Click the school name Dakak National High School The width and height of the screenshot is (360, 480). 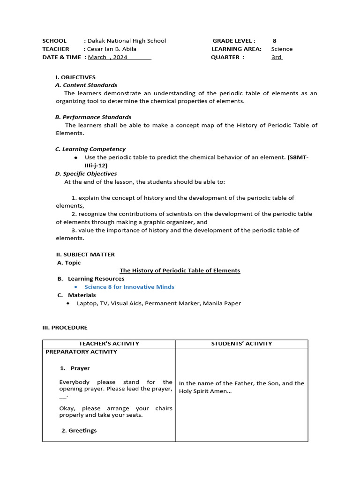127,41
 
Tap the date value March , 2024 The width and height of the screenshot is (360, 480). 108,57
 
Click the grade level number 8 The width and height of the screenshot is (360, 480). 274,41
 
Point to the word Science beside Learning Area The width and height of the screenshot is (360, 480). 282,49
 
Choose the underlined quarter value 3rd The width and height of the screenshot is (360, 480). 277,57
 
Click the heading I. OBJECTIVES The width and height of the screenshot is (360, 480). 75,77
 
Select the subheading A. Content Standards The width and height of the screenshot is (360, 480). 86,85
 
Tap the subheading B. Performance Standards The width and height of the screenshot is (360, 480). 93,117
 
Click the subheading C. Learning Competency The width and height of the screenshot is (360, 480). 90,149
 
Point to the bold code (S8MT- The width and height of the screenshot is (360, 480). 298,157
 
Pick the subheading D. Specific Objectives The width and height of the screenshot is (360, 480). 86,173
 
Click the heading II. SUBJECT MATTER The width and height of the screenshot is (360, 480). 85,255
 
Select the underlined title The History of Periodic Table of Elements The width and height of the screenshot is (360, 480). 180,270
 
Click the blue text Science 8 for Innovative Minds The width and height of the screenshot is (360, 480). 129,287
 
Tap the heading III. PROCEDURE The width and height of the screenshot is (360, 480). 65,328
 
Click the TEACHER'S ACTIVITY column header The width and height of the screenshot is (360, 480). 109,344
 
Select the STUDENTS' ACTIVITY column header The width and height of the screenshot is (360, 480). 241,344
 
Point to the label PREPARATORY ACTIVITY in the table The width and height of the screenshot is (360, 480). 82,352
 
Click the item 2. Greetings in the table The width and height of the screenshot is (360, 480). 79,430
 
